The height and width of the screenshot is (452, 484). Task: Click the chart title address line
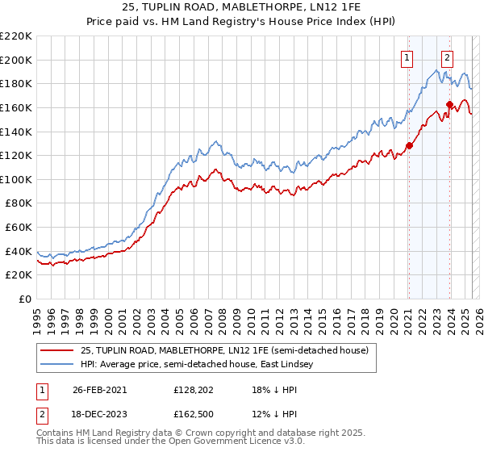pyautogui.click(x=242, y=7)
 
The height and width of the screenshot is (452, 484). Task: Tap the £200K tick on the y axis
pyautogui.click(x=16, y=60)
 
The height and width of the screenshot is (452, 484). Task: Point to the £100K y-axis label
pyautogui.click(x=16, y=179)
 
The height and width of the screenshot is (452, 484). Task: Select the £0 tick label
pyautogui.click(x=24, y=299)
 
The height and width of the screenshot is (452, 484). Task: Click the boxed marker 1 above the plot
pyautogui.click(x=408, y=57)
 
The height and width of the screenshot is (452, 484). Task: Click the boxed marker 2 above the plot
pyautogui.click(x=447, y=57)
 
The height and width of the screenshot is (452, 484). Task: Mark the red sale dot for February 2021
pyautogui.click(x=409, y=145)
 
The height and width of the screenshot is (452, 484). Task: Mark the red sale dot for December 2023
pyautogui.click(x=449, y=104)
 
